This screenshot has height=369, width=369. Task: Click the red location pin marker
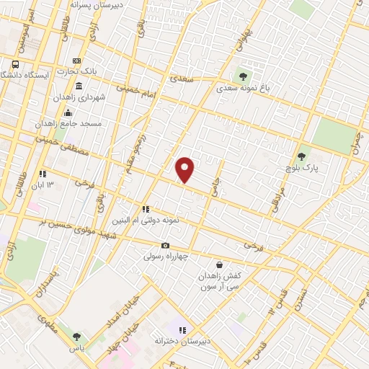185,169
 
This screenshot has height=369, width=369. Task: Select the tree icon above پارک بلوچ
302,156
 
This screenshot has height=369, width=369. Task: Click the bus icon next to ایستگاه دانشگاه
15,64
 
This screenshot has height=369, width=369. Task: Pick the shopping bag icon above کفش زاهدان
219,265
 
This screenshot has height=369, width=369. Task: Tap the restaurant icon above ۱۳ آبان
43,174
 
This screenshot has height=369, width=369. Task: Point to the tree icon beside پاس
77,336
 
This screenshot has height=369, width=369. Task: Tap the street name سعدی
177,76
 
